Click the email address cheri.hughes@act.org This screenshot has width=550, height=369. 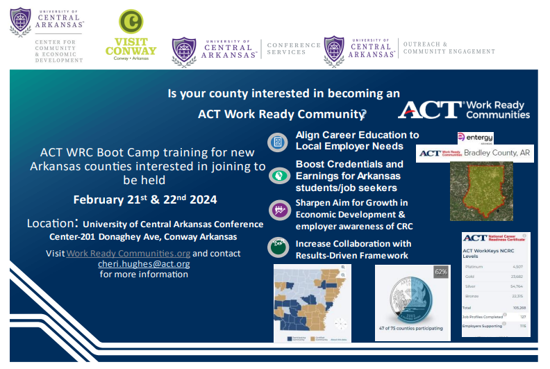tap(144, 264)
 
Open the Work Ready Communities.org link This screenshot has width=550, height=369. tap(128, 254)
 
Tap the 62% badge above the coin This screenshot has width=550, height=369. tap(441, 272)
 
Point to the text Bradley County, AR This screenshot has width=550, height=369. tap(497, 153)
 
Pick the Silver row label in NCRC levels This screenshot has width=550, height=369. tap(472, 286)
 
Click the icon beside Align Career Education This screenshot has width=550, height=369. tap(278, 141)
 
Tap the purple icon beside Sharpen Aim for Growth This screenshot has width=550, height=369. tap(278, 210)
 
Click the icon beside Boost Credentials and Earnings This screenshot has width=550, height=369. tap(278, 177)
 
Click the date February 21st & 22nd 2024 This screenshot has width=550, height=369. tap(145, 200)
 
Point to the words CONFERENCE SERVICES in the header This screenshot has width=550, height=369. tap(294, 49)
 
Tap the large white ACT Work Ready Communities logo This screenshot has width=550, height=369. tap(464, 109)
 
